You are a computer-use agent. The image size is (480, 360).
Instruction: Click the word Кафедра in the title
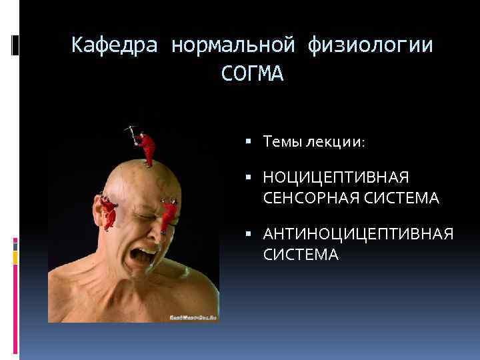point(114,45)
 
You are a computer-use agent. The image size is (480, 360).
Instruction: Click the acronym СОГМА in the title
point(252,74)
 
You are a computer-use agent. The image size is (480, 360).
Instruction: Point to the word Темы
point(282,141)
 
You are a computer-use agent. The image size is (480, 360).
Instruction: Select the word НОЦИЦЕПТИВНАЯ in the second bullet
point(335,179)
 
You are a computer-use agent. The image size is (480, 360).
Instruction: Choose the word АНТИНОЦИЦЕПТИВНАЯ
point(358,235)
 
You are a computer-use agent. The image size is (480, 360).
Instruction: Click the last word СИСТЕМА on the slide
point(301,254)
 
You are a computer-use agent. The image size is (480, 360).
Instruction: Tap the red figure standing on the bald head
point(147,148)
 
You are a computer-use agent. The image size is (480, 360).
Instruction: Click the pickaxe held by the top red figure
point(131,129)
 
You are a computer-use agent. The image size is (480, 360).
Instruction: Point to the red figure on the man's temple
point(169,213)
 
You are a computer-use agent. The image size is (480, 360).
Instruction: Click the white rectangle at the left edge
point(15,45)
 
